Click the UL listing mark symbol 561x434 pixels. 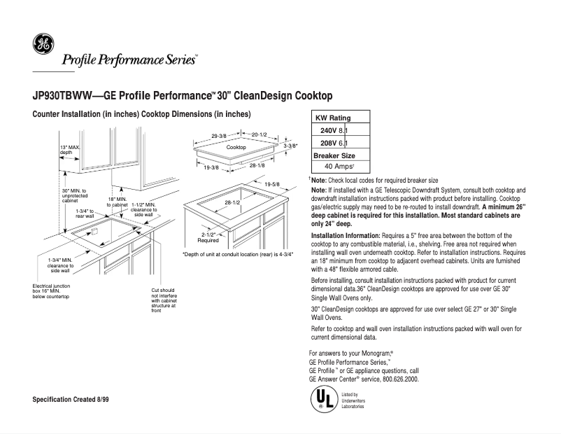pos(322,400)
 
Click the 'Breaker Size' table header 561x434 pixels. pos(334,155)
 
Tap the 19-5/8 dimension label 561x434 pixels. pos(272,183)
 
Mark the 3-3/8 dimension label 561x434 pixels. pos(291,146)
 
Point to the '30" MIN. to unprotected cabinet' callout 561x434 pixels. pos(74,195)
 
